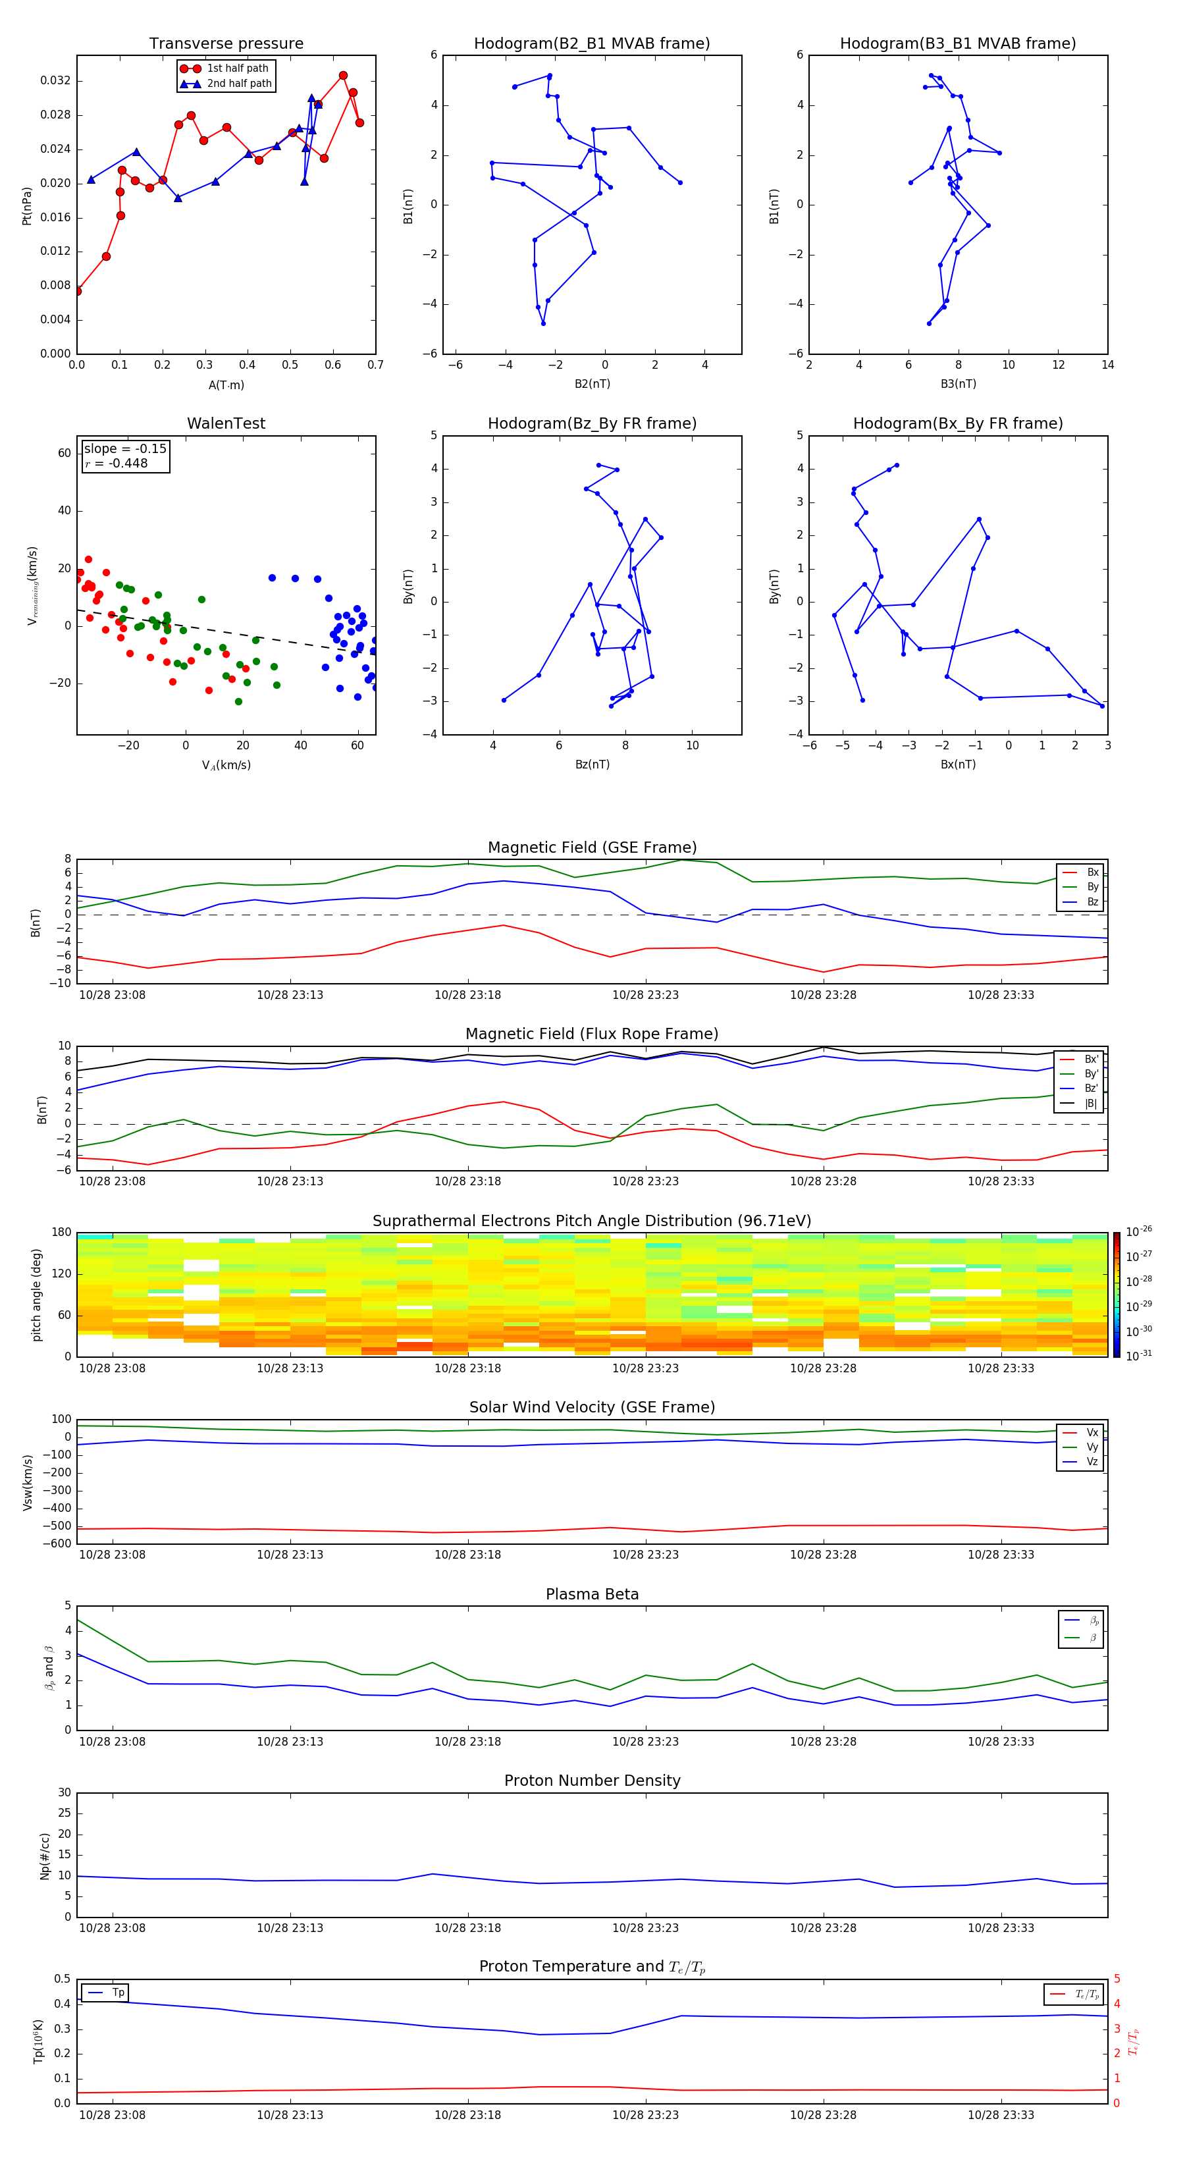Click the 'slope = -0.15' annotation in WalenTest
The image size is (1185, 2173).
click(x=125, y=449)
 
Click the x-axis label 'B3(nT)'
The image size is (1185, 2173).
click(x=958, y=384)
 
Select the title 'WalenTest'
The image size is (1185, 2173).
click(x=226, y=423)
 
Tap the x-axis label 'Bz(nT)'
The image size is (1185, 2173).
click(x=592, y=765)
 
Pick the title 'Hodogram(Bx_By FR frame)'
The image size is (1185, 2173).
click(x=957, y=423)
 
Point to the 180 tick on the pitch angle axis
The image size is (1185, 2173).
click(x=62, y=1233)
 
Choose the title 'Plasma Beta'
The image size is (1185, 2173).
click(x=591, y=1594)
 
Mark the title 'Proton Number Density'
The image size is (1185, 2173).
click(x=591, y=1781)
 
